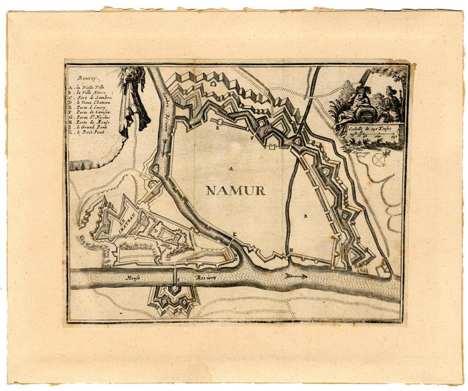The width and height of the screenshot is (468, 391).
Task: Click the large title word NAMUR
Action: pyautogui.click(x=236, y=190)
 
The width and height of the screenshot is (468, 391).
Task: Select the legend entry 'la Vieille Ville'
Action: pyautogui.click(x=94, y=86)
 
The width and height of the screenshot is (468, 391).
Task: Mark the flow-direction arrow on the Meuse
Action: pyautogui.click(x=295, y=275)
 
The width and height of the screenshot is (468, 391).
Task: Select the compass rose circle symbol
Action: pyautogui.click(x=381, y=159)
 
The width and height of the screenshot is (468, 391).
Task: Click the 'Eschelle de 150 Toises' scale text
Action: pyautogui.click(x=370, y=127)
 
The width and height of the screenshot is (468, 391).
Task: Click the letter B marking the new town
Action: pyautogui.click(x=305, y=216)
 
